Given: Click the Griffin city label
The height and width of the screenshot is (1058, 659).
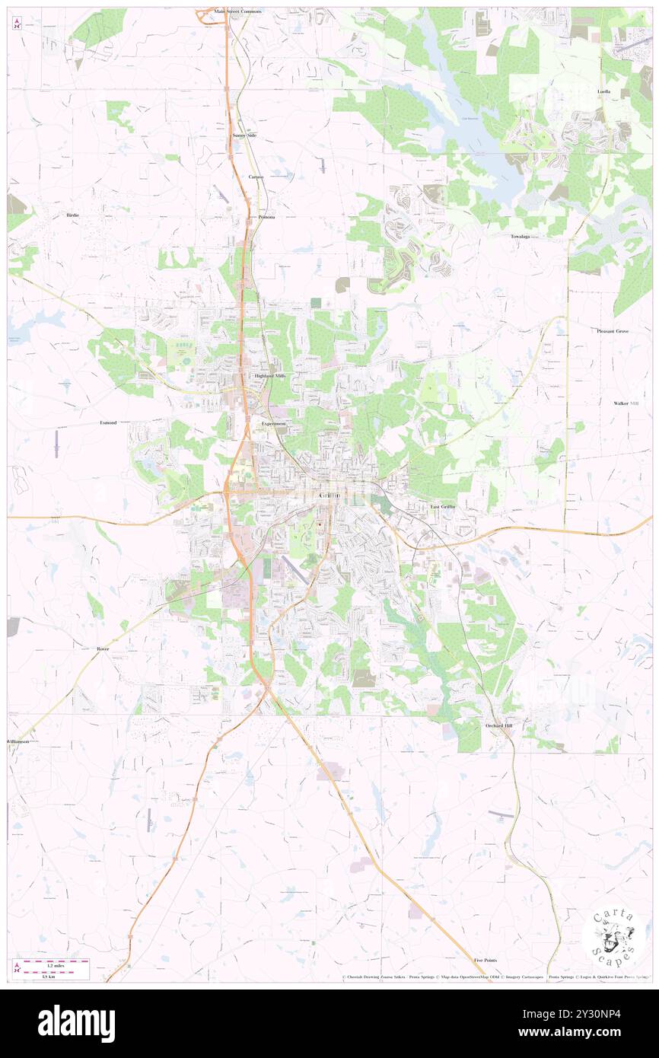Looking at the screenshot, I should (x=330, y=496).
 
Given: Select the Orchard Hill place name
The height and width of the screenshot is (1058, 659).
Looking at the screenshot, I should (x=499, y=725).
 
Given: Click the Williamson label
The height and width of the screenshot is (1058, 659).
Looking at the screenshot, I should (x=18, y=741).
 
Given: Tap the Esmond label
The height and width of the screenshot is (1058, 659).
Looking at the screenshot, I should (x=108, y=422).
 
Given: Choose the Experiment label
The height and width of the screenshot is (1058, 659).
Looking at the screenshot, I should (x=273, y=423).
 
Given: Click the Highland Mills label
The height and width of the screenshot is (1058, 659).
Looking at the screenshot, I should (x=269, y=376).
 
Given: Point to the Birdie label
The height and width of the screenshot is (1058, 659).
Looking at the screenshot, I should (x=72, y=215).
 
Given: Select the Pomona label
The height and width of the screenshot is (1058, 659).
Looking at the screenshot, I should (x=266, y=217).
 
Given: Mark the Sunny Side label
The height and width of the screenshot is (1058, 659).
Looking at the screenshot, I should (x=244, y=135).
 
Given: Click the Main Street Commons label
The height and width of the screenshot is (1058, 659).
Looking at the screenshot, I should (x=237, y=12).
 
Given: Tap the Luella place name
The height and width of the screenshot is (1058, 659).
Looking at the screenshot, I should (x=603, y=91).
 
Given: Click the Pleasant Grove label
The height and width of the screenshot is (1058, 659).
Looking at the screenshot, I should (x=613, y=331).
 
